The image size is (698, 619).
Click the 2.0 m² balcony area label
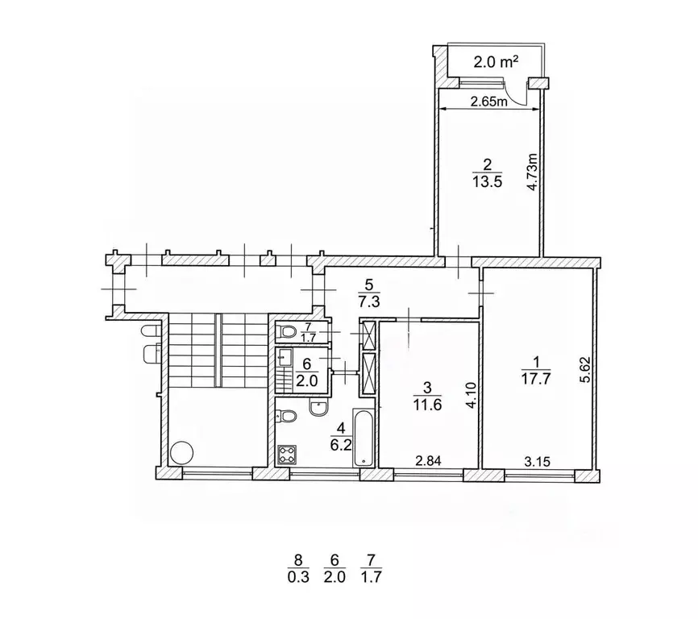pyautogui.click(x=496, y=61)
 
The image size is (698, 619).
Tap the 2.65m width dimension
pyautogui.click(x=489, y=102)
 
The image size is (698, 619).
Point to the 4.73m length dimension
pyautogui.click(x=533, y=172)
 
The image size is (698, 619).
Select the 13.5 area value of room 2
pyautogui.click(x=488, y=181)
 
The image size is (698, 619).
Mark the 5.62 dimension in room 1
pyautogui.click(x=586, y=370)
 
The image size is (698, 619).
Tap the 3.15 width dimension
pyautogui.click(x=537, y=462)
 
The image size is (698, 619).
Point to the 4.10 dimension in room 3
pyautogui.click(x=472, y=396)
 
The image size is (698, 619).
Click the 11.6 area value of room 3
pyautogui.click(x=427, y=405)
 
